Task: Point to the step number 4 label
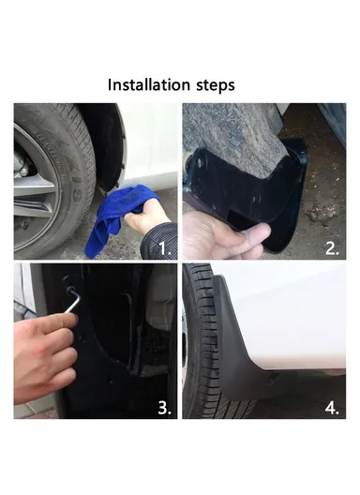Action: [332, 407]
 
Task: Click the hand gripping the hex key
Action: [42, 356]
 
